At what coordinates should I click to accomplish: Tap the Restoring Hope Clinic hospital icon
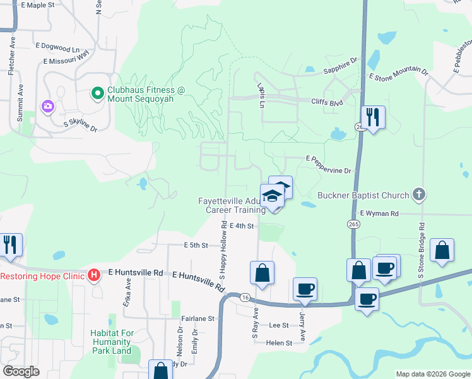[x=94, y=275]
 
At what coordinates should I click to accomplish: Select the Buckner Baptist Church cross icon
[x=418, y=195]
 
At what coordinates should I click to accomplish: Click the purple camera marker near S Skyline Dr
[x=47, y=106]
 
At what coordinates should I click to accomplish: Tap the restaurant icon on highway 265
[x=373, y=117]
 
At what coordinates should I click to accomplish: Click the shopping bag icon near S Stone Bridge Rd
[x=442, y=251]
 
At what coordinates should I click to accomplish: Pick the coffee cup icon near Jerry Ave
[x=305, y=289]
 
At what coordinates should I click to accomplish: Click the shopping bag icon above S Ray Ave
[x=262, y=273]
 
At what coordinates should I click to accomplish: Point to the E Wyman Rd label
[x=381, y=214]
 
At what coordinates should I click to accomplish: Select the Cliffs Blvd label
[x=327, y=101]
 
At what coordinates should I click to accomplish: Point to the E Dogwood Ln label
[x=58, y=47]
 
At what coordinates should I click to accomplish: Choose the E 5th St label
[x=196, y=245]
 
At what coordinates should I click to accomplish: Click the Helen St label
[x=280, y=343]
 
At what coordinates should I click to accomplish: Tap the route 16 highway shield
[x=245, y=297]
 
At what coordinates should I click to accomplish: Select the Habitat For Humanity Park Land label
[x=111, y=342]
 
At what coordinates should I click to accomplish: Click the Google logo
[x=21, y=371]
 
